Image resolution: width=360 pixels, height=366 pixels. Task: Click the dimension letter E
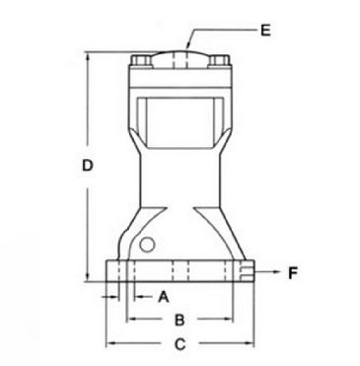265,31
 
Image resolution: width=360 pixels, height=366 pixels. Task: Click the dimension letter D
88,165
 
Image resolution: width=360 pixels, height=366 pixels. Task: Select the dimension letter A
164,297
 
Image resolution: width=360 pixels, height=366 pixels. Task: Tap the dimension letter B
180,320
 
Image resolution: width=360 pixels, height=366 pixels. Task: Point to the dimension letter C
180,344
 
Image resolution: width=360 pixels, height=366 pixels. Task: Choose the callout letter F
293,273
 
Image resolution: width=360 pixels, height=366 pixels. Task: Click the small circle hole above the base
147,245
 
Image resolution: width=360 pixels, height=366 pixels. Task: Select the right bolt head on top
218,60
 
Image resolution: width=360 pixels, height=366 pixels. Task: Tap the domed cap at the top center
180,58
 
